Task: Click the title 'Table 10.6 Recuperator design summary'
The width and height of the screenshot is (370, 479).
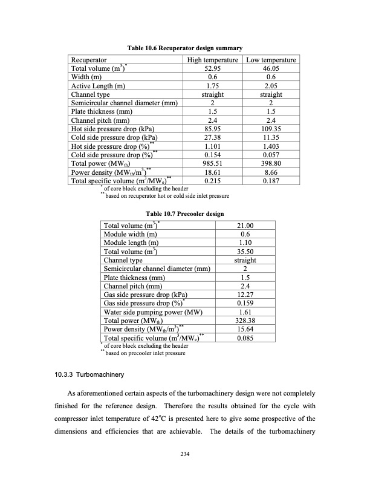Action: point(184,48)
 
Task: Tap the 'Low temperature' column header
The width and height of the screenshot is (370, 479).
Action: point(270,60)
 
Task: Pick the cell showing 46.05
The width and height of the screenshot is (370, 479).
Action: point(270,69)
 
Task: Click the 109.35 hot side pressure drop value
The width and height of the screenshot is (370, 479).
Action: point(270,129)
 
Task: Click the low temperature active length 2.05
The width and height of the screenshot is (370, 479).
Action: point(270,86)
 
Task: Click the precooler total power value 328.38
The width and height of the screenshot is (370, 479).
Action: point(245,321)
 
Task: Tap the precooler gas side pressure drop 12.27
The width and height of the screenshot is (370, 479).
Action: point(245,295)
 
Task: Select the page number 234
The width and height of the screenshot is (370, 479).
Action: point(184,463)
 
